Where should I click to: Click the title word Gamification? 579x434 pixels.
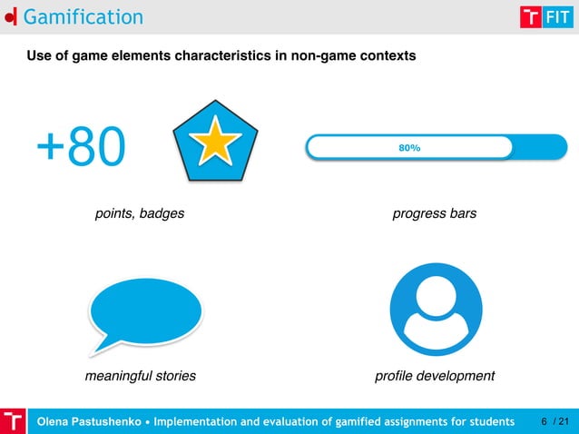83,16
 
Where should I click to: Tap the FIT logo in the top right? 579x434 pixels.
545,17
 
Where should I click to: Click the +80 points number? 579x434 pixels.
81,148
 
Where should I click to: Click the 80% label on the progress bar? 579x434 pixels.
409,147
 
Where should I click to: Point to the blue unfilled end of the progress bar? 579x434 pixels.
539,147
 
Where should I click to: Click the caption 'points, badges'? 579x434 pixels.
140,214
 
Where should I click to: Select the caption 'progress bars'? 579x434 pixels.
434,214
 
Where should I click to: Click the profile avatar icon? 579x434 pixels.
435,311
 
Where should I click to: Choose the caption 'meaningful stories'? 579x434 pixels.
140,376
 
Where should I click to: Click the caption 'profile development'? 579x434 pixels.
435,376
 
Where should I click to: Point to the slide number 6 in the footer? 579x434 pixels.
544,422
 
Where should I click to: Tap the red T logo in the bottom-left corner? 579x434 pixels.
13,421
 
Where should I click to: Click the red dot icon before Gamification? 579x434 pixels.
9,17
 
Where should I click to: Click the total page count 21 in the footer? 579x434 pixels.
564,422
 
